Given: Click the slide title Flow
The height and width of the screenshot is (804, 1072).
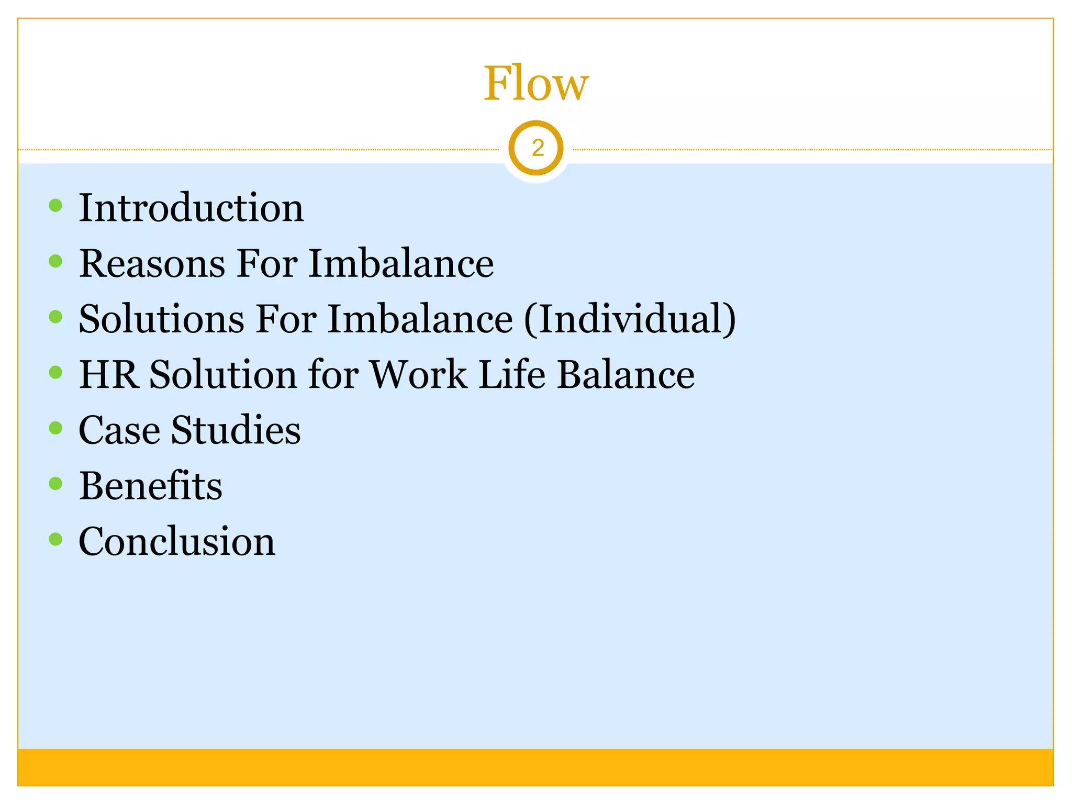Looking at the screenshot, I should click(536, 84).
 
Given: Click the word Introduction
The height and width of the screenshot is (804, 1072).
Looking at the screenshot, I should click(191, 208).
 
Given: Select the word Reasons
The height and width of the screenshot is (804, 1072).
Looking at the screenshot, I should click(152, 263).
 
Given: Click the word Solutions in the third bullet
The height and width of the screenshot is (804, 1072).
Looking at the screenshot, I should click(161, 319).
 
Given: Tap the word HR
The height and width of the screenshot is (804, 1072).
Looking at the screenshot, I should click(109, 375).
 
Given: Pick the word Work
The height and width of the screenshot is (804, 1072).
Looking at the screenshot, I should click(418, 375).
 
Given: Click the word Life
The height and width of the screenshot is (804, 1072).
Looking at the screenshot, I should click(511, 375).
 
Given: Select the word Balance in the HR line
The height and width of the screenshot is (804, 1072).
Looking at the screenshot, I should click(626, 375).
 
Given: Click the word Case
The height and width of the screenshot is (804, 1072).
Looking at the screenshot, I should click(119, 430).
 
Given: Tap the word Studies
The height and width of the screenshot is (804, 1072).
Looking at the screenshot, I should click(236, 430).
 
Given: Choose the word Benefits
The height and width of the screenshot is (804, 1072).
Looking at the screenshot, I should click(151, 486).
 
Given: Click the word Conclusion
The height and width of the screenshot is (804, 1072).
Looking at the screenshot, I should click(177, 541).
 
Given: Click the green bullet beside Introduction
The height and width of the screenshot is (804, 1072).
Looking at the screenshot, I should click(55, 205).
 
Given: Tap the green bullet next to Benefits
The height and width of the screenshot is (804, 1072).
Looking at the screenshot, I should click(55, 483).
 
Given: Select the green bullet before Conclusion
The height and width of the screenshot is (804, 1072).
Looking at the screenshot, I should click(55, 539).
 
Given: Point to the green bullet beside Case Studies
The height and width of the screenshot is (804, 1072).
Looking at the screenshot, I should click(55, 428).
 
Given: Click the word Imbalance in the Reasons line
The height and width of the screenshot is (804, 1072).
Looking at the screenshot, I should click(401, 263).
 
